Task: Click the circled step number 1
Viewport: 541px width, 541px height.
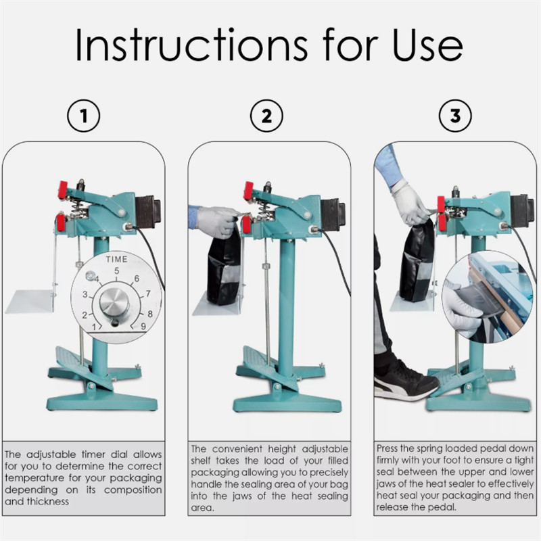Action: point(83,116)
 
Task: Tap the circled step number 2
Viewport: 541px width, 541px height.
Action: point(266,116)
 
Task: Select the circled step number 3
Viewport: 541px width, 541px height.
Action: point(455,116)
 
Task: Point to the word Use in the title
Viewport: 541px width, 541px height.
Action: point(428,45)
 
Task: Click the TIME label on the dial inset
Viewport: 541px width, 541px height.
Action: point(116,259)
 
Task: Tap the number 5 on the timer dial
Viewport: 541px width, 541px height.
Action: point(116,271)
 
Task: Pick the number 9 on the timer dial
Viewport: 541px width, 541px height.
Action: point(143,326)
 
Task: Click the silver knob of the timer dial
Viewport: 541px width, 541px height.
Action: point(114,303)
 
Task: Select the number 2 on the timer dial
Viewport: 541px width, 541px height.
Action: point(85,315)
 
